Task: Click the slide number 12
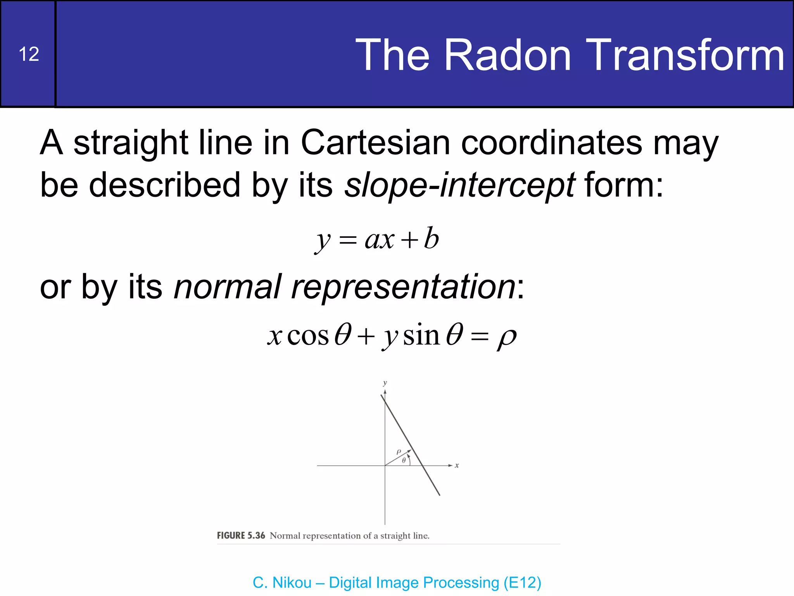click(29, 54)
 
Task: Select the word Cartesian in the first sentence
click(375, 142)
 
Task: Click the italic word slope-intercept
click(459, 185)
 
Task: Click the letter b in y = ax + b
click(431, 238)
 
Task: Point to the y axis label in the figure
click(385, 383)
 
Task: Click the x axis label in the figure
click(457, 465)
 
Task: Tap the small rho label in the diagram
click(399, 452)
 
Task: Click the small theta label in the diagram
click(404, 460)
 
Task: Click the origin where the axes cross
click(385, 465)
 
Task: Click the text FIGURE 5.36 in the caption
click(241, 535)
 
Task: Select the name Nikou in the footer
click(292, 582)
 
